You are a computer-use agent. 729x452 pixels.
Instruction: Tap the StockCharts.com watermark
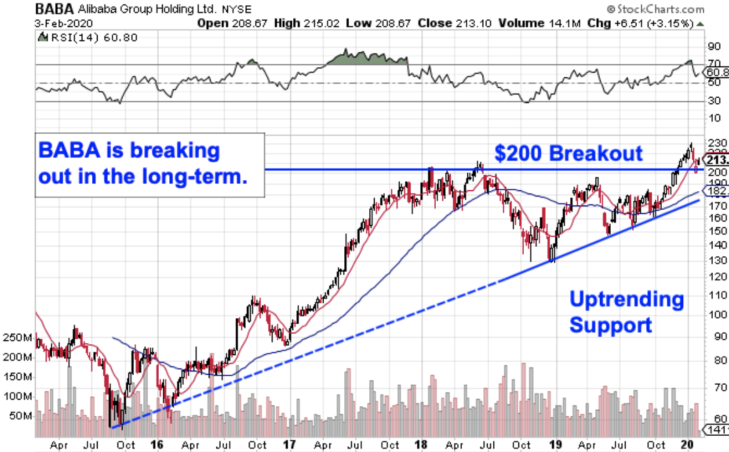(x=657, y=10)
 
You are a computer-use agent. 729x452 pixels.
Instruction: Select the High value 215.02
(x=320, y=24)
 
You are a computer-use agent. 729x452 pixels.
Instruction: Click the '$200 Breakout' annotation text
(x=568, y=152)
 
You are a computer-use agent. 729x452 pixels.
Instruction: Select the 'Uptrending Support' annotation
(x=626, y=312)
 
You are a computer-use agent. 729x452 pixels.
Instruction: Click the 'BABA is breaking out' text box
(x=150, y=164)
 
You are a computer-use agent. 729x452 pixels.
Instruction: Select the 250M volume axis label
(x=16, y=337)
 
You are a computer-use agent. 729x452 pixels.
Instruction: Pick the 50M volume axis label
(x=19, y=417)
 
